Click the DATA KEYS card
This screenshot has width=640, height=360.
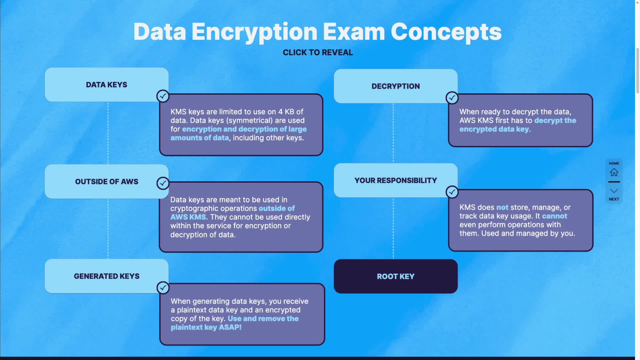pyautogui.click(x=107, y=85)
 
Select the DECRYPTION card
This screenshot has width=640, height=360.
pyautogui.click(x=396, y=86)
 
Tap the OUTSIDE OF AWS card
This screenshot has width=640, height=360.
pyautogui.click(x=107, y=181)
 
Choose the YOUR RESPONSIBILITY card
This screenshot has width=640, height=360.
pyautogui.click(x=396, y=180)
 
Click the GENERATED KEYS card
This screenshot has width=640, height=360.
pyautogui.click(x=107, y=276)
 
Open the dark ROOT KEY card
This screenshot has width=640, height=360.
pyautogui.click(x=396, y=276)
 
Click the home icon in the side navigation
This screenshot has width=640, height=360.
pyautogui.click(x=614, y=172)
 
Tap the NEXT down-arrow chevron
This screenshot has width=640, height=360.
pyautogui.click(x=614, y=191)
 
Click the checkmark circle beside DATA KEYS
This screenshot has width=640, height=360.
pyautogui.click(x=163, y=96)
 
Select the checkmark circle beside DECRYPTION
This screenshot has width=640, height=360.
pyautogui.click(x=452, y=98)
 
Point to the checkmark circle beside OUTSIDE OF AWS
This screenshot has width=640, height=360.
pyautogui.click(x=163, y=183)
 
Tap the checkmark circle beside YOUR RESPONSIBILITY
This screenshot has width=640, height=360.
pyautogui.click(x=452, y=192)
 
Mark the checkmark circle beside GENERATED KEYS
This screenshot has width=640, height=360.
pyautogui.click(x=163, y=288)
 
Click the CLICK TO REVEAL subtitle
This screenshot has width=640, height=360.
pyautogui.click(x=318, y=52)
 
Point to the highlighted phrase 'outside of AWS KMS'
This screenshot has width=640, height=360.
pyautogui.click(x=233, y=213)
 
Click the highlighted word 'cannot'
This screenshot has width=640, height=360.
pyautogui.click(x=555, y=216)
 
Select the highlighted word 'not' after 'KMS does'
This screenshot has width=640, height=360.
pyautogui.click(x=502, y=207)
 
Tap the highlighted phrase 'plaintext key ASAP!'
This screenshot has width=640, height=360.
pyautogui.click(x=206, y=327)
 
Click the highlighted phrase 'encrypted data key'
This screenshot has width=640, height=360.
pyautogui.click(x=494, y=129)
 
